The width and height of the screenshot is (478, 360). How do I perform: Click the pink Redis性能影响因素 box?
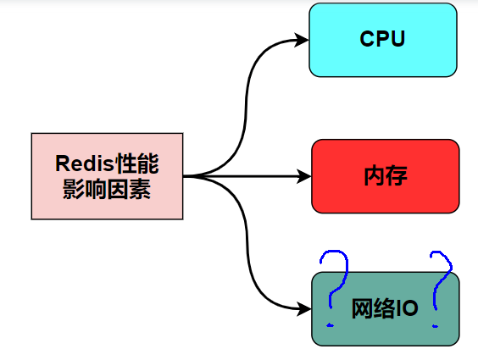click(x=107, y=176)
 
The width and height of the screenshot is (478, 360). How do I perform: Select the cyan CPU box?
click(x=383, y=40)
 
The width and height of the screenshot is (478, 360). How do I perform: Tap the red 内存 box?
click(x=386, y=176)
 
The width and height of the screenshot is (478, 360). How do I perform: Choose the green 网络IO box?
click(x=385, y=309)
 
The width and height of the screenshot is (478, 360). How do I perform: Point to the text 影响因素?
click(x=107, y=190)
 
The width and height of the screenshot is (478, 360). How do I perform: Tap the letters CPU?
click(x=383, y=40)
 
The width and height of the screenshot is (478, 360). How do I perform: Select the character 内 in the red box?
click(x=374, y=176)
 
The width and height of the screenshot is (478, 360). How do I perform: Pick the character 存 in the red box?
click(x=397, y=176)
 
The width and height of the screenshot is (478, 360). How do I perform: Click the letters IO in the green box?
click(x=408, y=309)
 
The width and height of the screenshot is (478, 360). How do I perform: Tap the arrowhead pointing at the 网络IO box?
click(x=304, y=309)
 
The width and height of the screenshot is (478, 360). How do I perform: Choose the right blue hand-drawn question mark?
click(x=439, y=284)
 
